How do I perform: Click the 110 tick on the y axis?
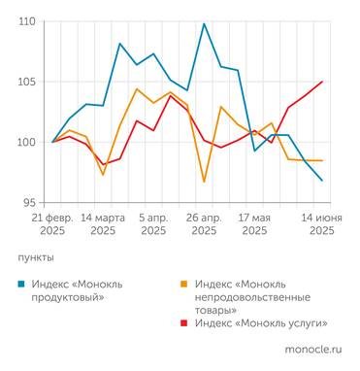point(26,21)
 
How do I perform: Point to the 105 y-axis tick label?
point(26,82)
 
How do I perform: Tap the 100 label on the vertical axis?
point(26,142)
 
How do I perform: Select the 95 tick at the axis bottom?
point(29,202)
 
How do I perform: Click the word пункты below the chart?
point(36,258)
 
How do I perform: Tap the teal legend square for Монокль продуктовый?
point(22,285)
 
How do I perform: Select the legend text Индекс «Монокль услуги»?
point(260,323)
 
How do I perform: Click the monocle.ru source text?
point(312,348)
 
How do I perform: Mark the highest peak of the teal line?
point(204,23)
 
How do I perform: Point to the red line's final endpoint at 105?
point(322,82)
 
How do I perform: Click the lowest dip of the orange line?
point(204,182)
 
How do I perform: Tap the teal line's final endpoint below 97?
point(322,181)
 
